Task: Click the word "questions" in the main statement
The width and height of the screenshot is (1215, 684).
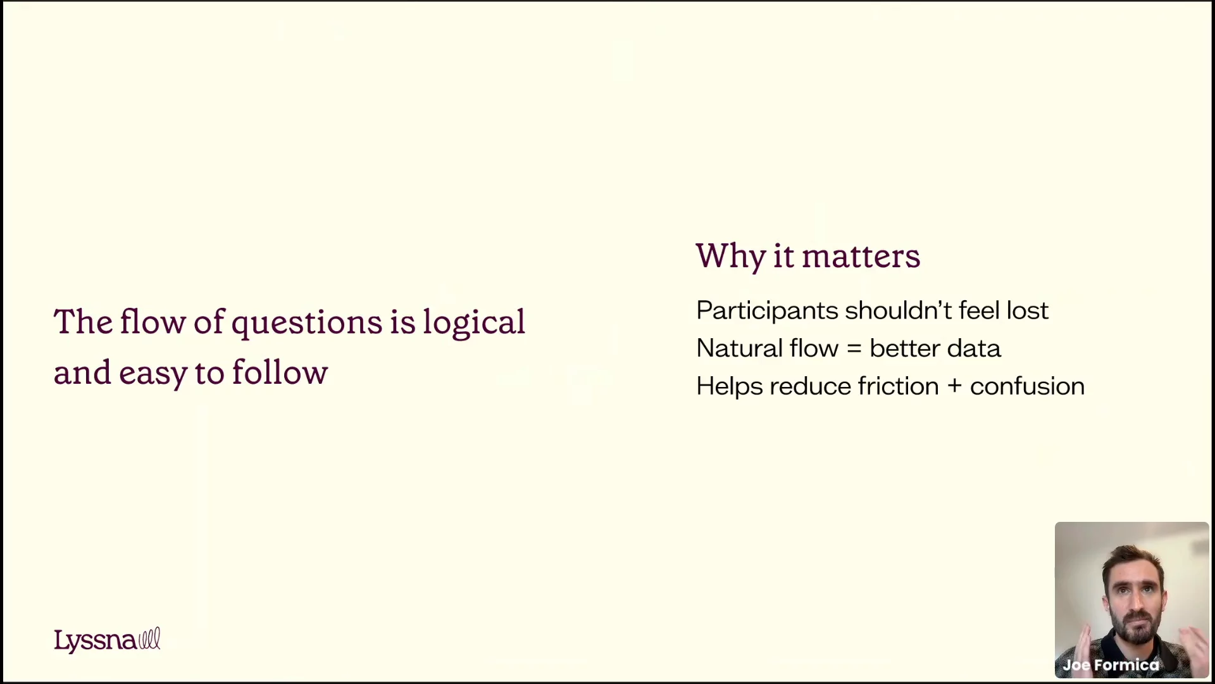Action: click(x=307, y=324)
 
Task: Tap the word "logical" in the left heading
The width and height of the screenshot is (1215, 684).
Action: click(x=474, y=323)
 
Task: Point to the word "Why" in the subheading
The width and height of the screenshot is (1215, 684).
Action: click(x=731, y=257)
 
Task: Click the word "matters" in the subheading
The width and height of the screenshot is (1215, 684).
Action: click(x=861, y=257)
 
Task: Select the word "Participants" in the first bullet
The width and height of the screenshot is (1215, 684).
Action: click(x=767, y=311)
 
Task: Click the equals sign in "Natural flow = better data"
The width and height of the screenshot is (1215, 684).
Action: click(x=854, y=348)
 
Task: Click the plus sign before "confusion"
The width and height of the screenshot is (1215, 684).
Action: click(x=954, y=386)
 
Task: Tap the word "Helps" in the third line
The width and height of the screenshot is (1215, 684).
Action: click(x=730, y=387)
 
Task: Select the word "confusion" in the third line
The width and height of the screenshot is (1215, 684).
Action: click(x=1027, y=386)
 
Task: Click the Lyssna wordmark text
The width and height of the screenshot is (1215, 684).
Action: click(x=95, y=641)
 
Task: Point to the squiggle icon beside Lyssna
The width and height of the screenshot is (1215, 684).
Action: click(x=149, y=638)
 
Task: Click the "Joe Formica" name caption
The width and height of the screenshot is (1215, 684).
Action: click(x=1111, y=665)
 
